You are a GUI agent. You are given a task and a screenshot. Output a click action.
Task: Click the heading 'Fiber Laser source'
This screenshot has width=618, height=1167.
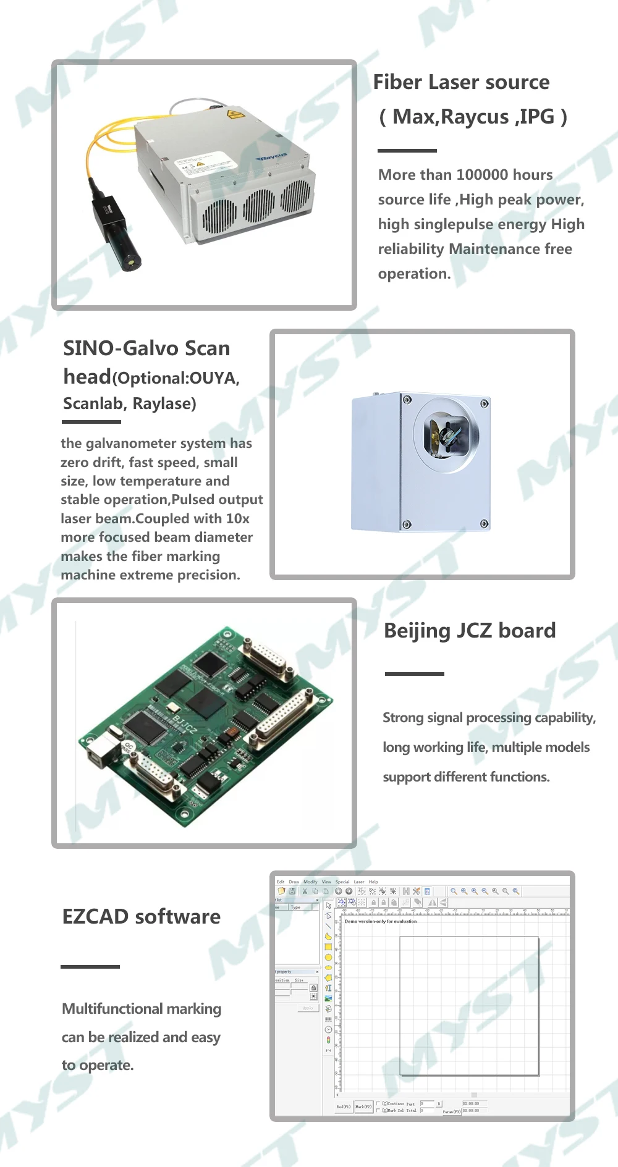(x=461, y=82)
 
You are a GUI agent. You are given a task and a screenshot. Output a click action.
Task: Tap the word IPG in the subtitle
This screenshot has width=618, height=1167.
(x=536, y=117)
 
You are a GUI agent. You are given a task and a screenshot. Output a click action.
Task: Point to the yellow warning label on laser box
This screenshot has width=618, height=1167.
(x=234, y=114)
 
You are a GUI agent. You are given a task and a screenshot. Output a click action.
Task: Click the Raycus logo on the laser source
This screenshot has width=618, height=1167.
(x=272, y=158)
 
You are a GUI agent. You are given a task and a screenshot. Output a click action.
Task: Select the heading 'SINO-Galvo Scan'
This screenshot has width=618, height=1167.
(x=146, y=348)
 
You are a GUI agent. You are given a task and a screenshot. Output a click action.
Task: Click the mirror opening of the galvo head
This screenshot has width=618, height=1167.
(x=446, y=432)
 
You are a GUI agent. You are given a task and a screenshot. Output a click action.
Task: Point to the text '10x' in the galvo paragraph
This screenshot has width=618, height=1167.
(x=238, y=519)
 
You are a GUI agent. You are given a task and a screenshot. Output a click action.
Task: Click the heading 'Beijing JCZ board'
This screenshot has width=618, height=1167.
(x=470, y=631)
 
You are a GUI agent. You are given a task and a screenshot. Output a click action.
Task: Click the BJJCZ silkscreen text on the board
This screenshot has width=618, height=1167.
(x=184, y=722)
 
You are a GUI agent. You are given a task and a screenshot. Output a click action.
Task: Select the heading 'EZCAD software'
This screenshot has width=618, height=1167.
(x=142, y=917)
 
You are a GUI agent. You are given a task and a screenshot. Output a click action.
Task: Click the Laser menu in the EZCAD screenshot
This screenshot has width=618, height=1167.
(x=358, y=882)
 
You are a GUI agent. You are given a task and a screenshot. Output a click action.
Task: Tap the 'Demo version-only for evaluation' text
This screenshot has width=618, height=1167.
(x=381, y=921)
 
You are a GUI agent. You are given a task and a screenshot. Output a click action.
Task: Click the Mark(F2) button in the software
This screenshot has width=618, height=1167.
(x=363, y=1106)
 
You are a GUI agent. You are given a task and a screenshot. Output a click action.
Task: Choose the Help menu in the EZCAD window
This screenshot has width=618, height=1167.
(x=373, y=882)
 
